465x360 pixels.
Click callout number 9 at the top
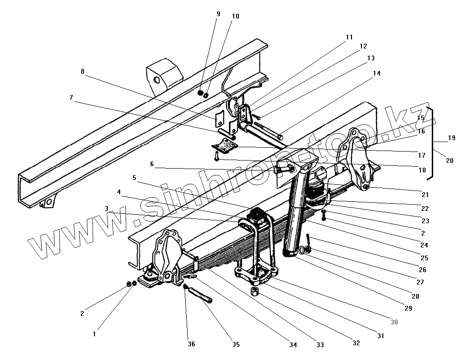coord(218,14)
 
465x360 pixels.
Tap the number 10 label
coord(236,16)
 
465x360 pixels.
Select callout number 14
coord(377,74)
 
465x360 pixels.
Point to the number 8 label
coord(83,72)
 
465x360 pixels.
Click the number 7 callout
coord(71,97)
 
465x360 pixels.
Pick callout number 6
coord(152,164)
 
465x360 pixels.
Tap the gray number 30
coord(394,322)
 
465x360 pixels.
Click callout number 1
coord(94,334)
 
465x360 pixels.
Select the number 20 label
coord(449,161)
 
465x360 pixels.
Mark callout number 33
coord(321,345)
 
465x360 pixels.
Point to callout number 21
coord(424,195)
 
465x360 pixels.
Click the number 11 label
coord(350,37)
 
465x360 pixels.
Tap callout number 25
coord(424,258)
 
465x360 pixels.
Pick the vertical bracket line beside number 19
coord(432,142)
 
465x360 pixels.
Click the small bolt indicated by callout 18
coord(217,156)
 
